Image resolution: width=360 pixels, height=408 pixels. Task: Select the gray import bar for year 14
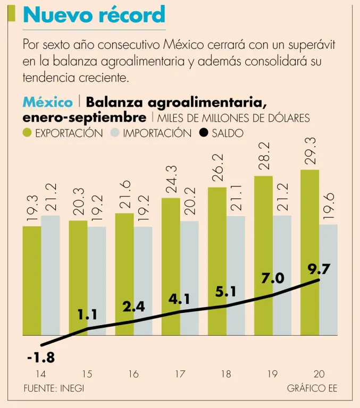click(x=51, y=275)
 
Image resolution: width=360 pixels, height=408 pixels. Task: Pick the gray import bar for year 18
click(x=236, y=275)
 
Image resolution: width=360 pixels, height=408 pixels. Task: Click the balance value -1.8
click(x=41, y=358)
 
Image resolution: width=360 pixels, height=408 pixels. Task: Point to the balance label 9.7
click(x=320, y=269)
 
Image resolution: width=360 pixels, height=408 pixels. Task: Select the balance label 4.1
click(x=180, y=300)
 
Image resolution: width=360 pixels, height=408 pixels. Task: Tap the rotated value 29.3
click(x=311, y=150)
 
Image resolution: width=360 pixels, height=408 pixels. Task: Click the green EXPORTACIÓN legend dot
click(x=28, y=133)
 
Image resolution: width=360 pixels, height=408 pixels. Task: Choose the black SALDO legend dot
click(x=204, y=133)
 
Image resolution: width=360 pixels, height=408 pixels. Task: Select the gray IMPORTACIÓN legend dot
click(x=115, y=133)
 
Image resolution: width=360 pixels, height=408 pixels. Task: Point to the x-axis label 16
click(x=133, y=374)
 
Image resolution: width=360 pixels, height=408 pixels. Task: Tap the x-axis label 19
click(x=272, y=374)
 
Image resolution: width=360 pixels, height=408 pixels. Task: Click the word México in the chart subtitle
click(x=48, y=102)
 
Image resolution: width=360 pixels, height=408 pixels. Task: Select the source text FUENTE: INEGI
click(x=54, y=388)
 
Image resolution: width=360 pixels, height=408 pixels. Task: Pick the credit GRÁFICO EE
click(x=312, y=388)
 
